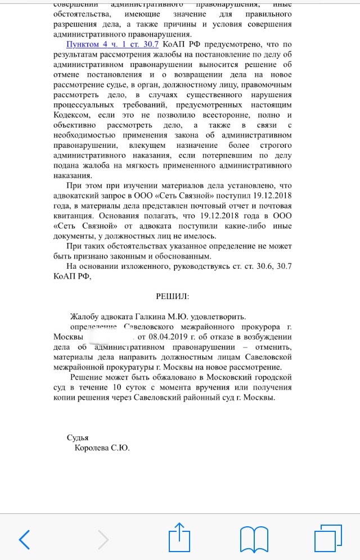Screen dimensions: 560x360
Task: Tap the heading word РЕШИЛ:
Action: point(173,296)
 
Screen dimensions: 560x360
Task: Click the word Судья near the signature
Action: point(78,438)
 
